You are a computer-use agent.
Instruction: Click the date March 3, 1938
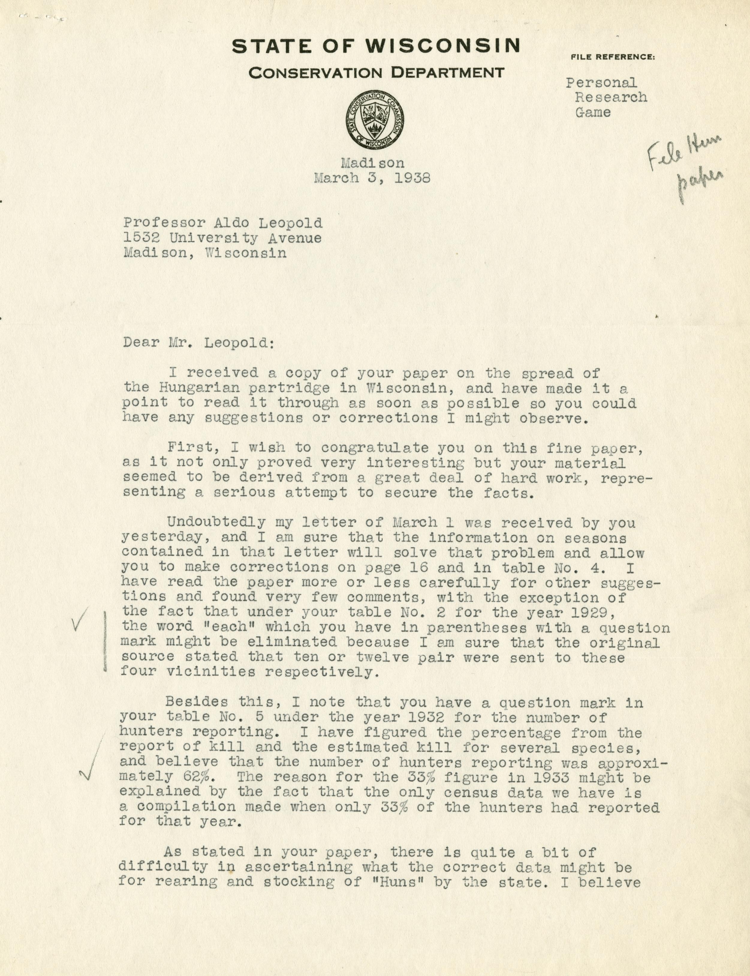coord(372,178)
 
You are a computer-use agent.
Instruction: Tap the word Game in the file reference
coord(593,112)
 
